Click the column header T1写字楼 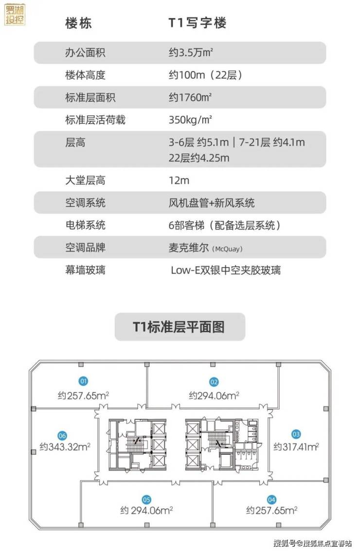[197, 23]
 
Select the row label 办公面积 [85, 53]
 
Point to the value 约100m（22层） [206, 75]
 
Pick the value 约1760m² [190, 97]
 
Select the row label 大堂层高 [85, 180]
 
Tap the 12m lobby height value [179, 180]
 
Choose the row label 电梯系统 [85, 225]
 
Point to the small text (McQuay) [227, 249]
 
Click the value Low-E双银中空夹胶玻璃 [226, 270]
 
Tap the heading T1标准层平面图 [179, 326]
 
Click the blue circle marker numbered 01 [84, 381]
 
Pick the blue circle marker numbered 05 [146, 499]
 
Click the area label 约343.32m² [65, 446]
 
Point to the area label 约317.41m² [296, 446]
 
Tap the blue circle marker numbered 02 [214, 382]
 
